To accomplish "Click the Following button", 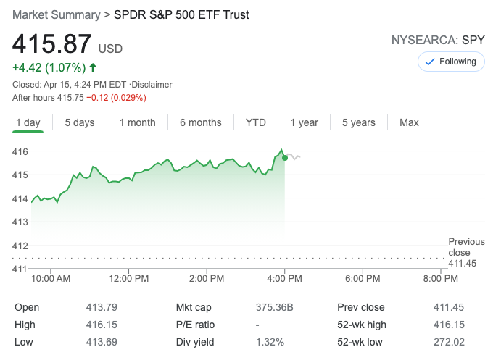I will [x=451, y=62].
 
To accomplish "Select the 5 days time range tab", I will [x=79, y=122].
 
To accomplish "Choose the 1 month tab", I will [x=138, y=122].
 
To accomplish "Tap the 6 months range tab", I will [x=201, y=122].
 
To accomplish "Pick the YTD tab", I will [x=256, y=122].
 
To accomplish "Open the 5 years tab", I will [x=359, y=122].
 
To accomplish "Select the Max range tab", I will [x=409, y=122].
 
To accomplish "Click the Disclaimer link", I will [x=153, y=85].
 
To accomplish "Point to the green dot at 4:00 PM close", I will [x=285, y=157].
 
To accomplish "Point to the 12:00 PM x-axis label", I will [x=129, y=278].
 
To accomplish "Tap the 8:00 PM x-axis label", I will [x=440, y=278].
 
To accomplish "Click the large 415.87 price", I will [x=51, y=45].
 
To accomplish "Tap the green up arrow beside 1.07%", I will [x=92, y=68].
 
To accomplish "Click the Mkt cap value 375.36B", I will [x=274, y=307].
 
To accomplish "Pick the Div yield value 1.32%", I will [x=270, y=342].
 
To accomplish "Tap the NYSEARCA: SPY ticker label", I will [x=438, y=41].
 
